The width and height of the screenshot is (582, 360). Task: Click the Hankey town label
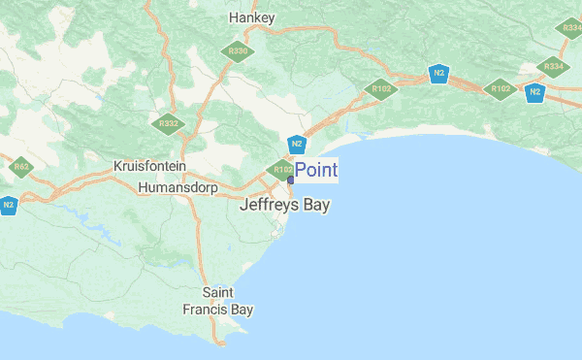pyautogui.click(x=252, y=17)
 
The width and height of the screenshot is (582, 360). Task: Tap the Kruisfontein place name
pyautogui.click(x=149, y=166)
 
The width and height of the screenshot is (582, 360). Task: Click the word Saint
pyautogui.click(x=218, y=292)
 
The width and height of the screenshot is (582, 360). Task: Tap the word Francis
pyautogui.click(x=205, y=310)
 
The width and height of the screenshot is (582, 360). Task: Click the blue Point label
pyautogui.click(x=316, y=170)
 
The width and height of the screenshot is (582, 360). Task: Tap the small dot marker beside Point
pyautogui.click(x=290, y=180)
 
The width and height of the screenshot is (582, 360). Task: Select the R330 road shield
pyautogui.click(x=236, y=50)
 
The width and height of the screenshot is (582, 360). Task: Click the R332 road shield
pyautogui.click(x=169, y=123)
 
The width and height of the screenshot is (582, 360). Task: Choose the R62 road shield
pyautogui.click(x=21, y=167)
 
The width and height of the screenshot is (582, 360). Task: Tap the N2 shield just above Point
pyautogui.click(x=298, y=146)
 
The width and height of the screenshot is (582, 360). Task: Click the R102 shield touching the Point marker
pyautogui.click(x=281, y=171)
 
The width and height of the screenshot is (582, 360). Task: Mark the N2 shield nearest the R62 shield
pyautogui.click(x=8, y=205)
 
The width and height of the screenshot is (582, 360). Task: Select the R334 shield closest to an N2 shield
pyautogui.click(x=554, y=66)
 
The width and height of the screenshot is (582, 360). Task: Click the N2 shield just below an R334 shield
pyautogui.click(x=533, y=92)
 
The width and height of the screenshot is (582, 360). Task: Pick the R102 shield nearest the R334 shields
pyautogui.click(x=500, y=88)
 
